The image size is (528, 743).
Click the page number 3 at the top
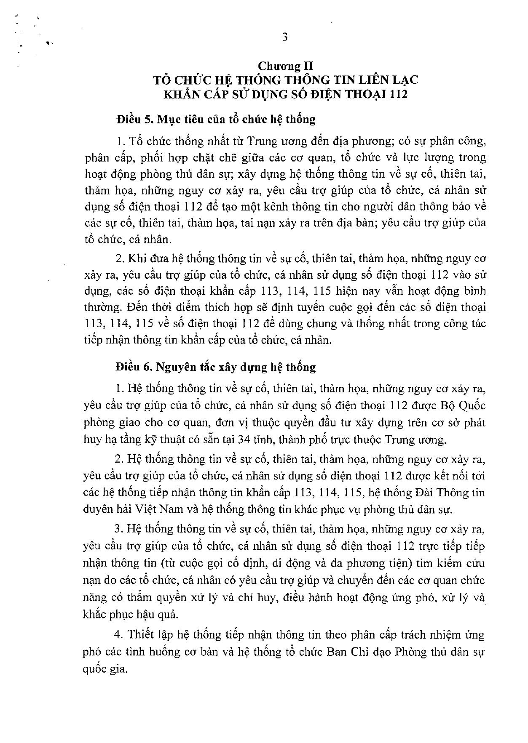tap(285, 38)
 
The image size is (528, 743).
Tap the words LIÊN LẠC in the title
tap(388, 80)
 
